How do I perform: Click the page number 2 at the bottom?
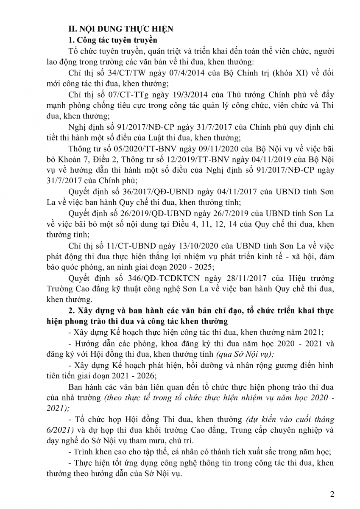(x=332, y=494)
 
